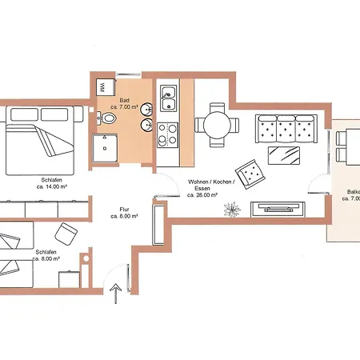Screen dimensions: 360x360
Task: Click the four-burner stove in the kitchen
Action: click(168, 135)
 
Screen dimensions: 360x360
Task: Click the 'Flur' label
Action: click(124, 209)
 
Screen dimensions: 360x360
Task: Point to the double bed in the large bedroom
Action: click(40, 141)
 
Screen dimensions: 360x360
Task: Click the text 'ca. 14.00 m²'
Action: click(50, 187)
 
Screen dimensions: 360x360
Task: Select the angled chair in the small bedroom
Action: click(64, 234)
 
